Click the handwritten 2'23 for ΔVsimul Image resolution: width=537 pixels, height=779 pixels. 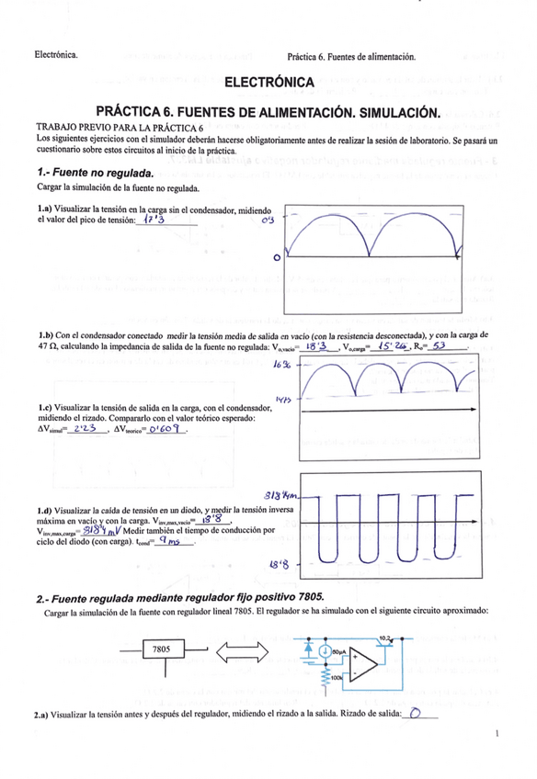tap(84, 427)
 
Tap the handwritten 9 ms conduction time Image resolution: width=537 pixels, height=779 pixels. tap(170, 541)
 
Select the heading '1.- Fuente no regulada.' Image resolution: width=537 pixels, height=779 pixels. tap(94, 173)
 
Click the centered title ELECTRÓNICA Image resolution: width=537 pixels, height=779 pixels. tap(268, 84)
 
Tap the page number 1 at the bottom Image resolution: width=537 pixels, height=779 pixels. tap(496, 733)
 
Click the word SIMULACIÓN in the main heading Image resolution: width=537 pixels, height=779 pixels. tap(399, 112)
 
